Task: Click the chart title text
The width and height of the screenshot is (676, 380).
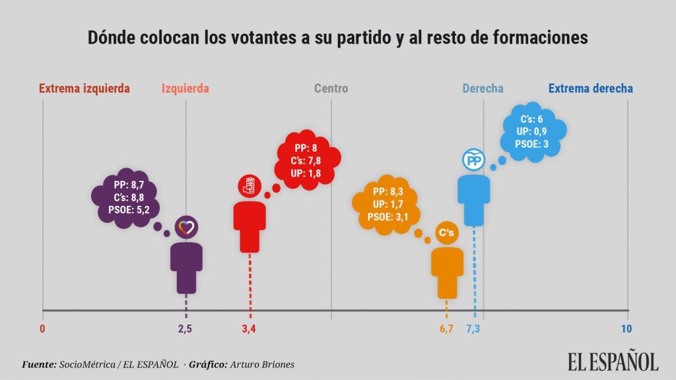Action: pyautogui.click(x=337, y=38)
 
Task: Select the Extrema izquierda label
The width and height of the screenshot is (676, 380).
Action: pyautogui.click(x=84, y=88)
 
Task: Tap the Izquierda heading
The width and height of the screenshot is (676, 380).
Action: pyautogui.click(x=185, y=88)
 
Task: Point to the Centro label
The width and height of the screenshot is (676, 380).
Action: pyautogui.click(x=331, y=88)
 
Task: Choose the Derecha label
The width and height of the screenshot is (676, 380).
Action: pyautogui.click(x=483, y=88)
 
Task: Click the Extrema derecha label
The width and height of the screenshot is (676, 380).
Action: pyautogui.click(x=590, y=88)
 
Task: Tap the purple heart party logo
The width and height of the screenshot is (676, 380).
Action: pyautogui.click(x=186, y=228)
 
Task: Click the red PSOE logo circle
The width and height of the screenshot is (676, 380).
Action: pyautogui.click(x=250, y=186)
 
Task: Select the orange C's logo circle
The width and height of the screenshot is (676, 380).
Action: pyautogui.click(x=447, y=232)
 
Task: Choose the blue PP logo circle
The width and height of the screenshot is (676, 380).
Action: pyautogui.click(x=473, y=160)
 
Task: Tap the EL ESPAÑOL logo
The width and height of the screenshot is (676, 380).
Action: pyautogui.click(x=613, y=362)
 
